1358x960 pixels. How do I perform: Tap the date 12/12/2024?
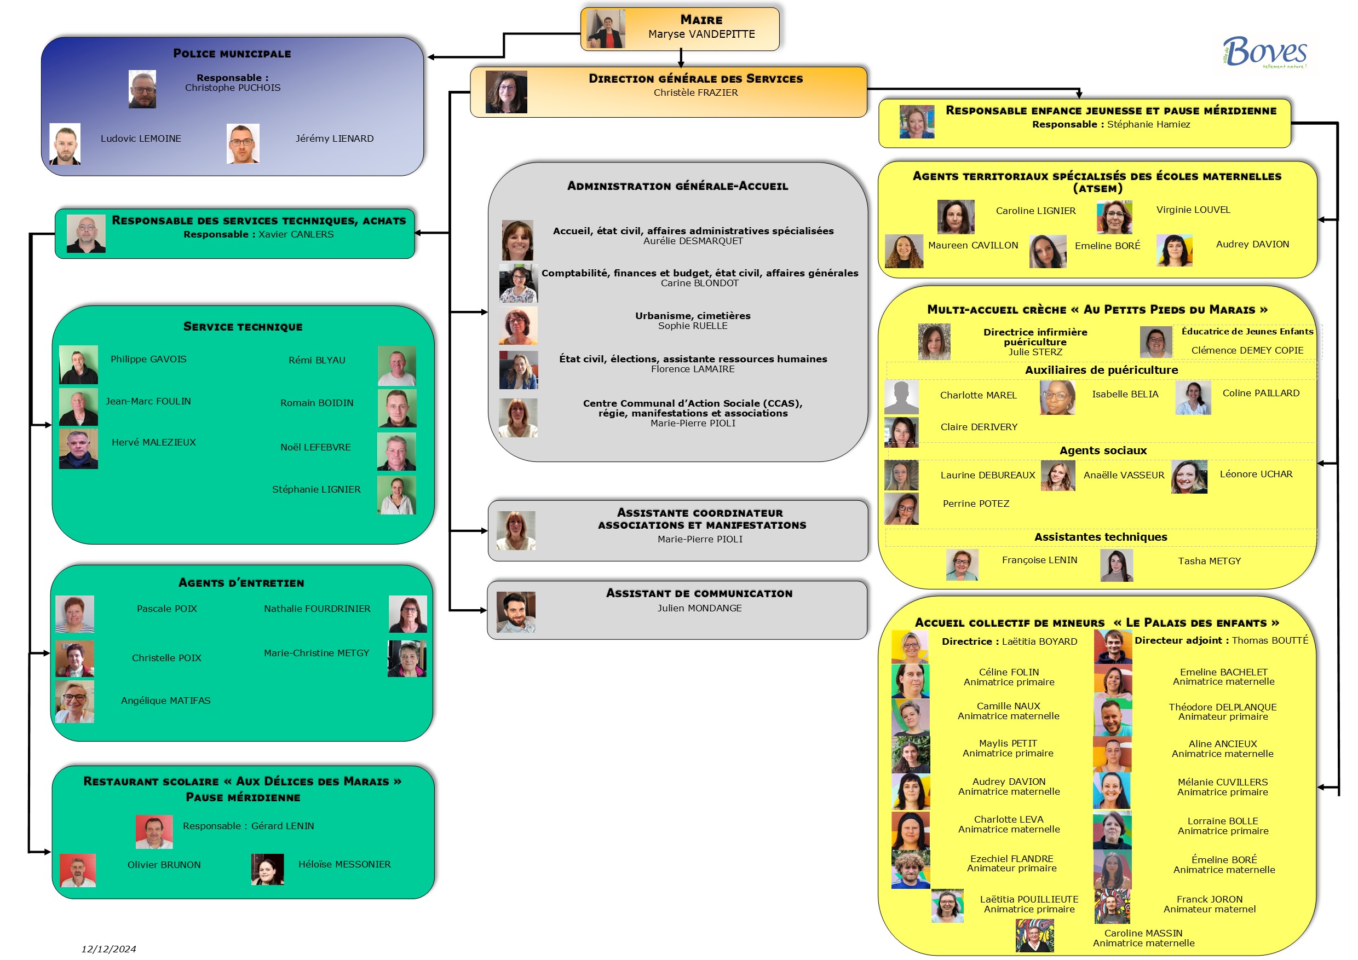coord(108,949)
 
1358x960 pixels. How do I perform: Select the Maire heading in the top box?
coord(701,20)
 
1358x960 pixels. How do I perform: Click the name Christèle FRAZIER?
coord(695,93)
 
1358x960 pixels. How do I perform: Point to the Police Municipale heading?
coord(232,54)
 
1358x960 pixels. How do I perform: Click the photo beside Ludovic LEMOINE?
coord(65,143)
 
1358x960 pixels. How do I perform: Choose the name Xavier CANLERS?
coord(296,234)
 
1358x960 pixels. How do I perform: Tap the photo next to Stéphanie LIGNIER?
coord(396,495)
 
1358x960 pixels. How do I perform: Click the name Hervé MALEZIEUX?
coord(154,442)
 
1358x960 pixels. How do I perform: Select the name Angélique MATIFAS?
coord(165,701)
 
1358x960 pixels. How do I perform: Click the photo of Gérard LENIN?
coord(154,831)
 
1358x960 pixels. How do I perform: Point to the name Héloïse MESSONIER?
coord(344,864)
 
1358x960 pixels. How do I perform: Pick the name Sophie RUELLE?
coord(693,326)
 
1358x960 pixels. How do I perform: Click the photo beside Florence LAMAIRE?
coord(518,370)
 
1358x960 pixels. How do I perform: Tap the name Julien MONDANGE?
coord(699,608)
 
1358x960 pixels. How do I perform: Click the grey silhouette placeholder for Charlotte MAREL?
coord(901,397)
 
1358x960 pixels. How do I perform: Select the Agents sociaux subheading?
coord(1102,450)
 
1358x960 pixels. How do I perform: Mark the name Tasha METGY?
coord(1209,561)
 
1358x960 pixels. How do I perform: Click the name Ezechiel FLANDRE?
coord(1011,858)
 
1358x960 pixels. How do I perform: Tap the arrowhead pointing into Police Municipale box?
coord(431,57)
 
